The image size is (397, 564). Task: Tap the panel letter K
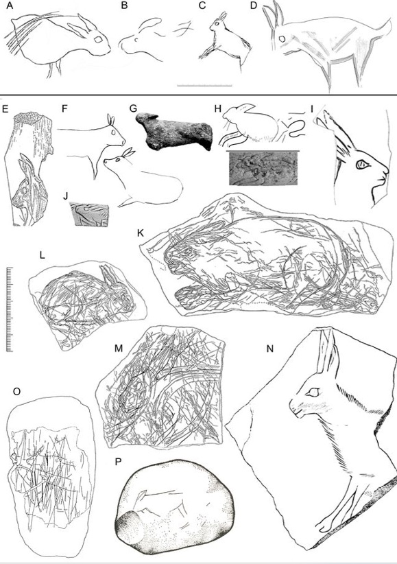[141, 233]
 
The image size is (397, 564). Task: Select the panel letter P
[119, 462]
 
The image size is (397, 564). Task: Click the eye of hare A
[98, 40]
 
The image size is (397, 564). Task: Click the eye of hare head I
[362, 165]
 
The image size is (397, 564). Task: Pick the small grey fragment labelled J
[90, 215]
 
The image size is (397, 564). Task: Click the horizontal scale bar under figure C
[204, 86]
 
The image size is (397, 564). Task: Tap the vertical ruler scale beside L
[10, 309]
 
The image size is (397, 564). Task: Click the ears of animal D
[273, 14]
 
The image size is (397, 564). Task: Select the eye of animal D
[282, 39]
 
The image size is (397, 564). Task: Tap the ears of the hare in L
[108, 277]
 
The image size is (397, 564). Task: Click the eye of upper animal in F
[114, 132]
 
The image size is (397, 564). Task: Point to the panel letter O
[16, 392]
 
